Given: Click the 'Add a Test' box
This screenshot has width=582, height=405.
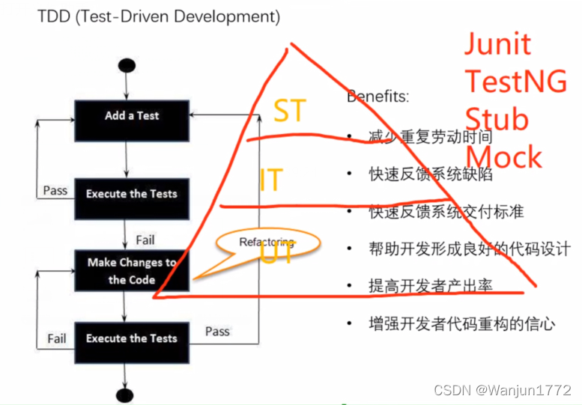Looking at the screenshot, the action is (x=132, y=116).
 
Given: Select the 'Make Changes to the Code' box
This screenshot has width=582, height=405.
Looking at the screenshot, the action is (x=132, y=271).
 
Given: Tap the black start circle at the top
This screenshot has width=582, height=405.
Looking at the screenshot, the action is (x=126, y=66).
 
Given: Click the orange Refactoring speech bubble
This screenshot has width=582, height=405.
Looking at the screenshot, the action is (x=267, y=243).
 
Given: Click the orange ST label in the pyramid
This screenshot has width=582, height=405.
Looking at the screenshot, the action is (x=289, y=111).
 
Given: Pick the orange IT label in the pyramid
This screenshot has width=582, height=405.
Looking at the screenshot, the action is (x=271, y=180).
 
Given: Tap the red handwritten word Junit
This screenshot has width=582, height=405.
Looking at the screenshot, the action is (x=497, y=45).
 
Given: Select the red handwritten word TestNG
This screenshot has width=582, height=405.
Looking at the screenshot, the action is (x=515, y=81).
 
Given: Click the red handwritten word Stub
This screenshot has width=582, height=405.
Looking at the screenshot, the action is (x=497, y=120).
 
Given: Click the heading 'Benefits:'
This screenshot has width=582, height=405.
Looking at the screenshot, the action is (x=378, y=97).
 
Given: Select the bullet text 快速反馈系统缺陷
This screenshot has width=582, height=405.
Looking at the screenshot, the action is (x=431, y=174).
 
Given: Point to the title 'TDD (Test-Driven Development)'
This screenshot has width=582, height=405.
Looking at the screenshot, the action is (x=159, y=16).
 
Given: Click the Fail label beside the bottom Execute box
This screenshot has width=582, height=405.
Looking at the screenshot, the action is (x=57, y=338).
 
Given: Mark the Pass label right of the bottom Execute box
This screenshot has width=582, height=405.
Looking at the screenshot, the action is (x=217, y=331).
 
